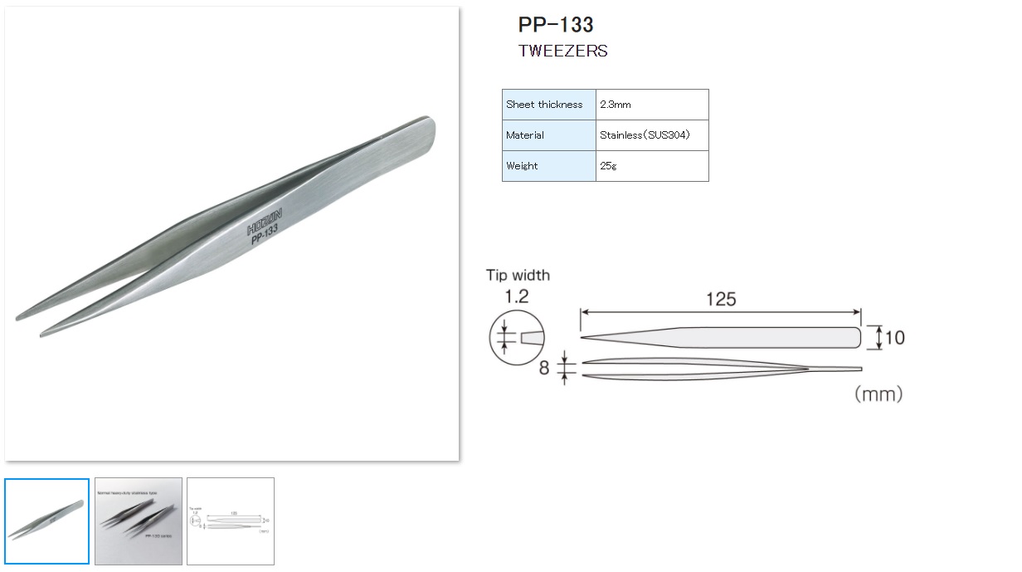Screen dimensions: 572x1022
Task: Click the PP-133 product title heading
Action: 555,24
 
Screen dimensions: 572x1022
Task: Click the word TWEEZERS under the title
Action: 562,51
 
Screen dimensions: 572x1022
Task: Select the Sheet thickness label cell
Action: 547,105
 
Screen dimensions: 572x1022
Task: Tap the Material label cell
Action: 547,135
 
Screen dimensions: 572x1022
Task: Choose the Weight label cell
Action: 547,166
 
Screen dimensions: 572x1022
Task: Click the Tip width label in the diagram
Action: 518,276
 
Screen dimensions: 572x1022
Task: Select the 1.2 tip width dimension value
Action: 517,296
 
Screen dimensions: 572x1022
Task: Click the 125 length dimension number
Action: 720,299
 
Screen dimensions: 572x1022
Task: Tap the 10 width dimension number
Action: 894,338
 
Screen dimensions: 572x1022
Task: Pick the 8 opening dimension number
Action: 544,368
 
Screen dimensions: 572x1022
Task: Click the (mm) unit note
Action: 878,394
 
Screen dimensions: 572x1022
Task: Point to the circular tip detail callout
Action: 518,338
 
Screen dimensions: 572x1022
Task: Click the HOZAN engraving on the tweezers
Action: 265,222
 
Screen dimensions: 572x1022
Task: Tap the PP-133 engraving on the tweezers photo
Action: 265,236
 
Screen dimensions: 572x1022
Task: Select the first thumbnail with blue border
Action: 46,521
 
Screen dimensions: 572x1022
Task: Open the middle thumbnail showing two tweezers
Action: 139,521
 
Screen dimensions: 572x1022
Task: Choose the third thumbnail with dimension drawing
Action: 231,521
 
